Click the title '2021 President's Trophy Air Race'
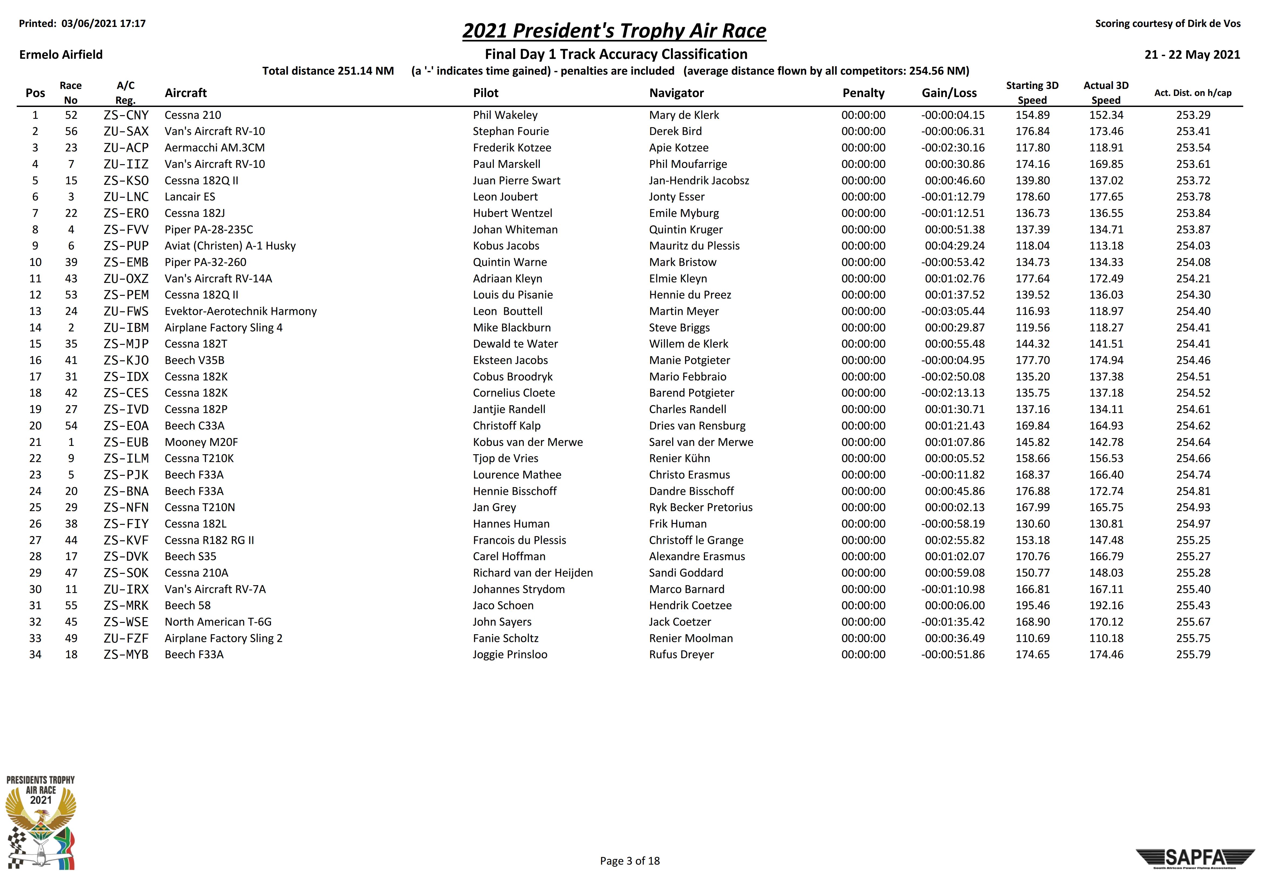[614, 31]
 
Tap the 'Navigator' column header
[676, 93]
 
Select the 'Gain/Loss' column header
[949, 93]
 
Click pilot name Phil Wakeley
[505, 115]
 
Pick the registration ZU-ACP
[126, 148]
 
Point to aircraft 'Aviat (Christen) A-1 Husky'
[230, 246]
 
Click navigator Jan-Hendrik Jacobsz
[699, 181]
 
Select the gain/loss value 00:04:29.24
[954, 246]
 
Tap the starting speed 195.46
[1032, 605]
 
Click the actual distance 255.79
[1193, 654]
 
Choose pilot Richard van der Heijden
[533, 573]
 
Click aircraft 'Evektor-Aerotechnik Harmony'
[240, 311]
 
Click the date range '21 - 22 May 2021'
[1192, 54]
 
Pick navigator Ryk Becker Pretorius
[700, 507]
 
